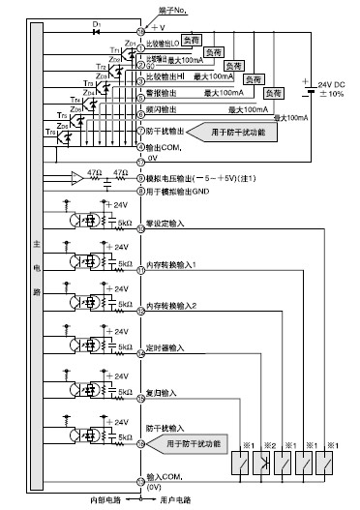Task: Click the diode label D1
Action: [97, 21]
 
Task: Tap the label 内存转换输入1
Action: [171, 264]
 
